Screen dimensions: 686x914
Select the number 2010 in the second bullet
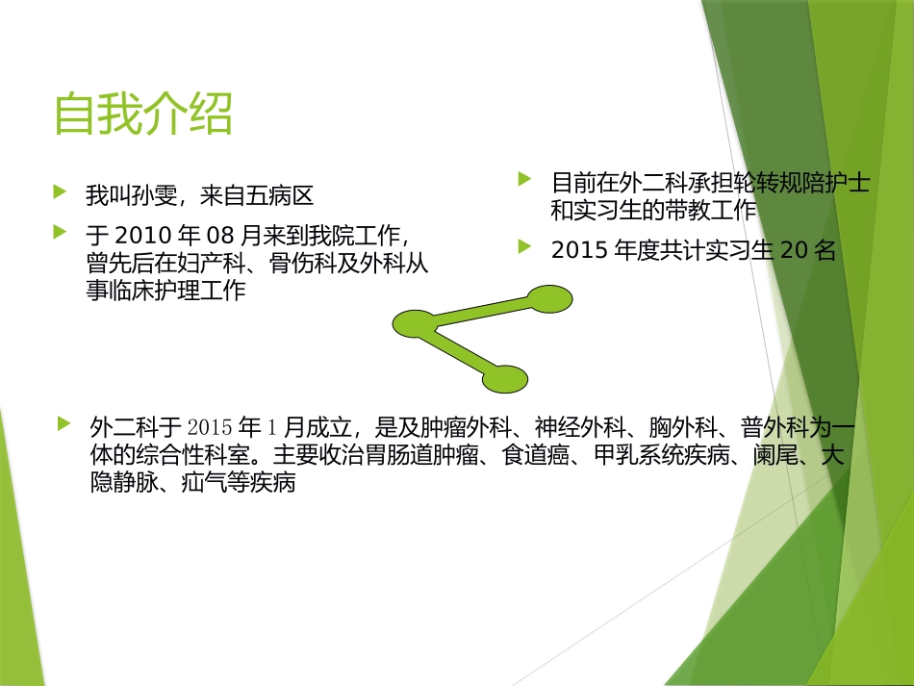coord(140,235)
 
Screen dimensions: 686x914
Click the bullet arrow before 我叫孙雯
coord(61,192)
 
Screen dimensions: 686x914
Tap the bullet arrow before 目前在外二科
coord(524,178)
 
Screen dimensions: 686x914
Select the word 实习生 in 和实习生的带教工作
coord(604,209)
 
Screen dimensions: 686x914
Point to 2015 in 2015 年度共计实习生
coord(577,250)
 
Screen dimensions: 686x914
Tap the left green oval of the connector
coord(415,324)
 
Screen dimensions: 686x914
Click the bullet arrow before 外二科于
coord(63,423)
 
